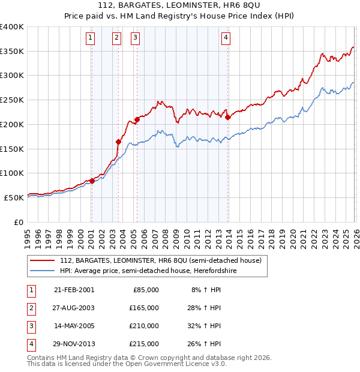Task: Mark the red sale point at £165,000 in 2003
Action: pyautogui.click(x=119, y=142)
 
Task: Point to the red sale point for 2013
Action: pyautogui.click(x=228, y=118)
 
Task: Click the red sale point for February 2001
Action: pyautogui.click(x=92, y=181)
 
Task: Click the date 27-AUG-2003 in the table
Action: pyautogui.click(x=74, y=307)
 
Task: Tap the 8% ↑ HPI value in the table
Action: pyautogui.click(x=206, y=289)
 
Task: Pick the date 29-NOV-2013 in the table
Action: pyautogui.click(x=74, y=344)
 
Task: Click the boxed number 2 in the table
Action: pyautogui.click(x=29, y=307)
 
